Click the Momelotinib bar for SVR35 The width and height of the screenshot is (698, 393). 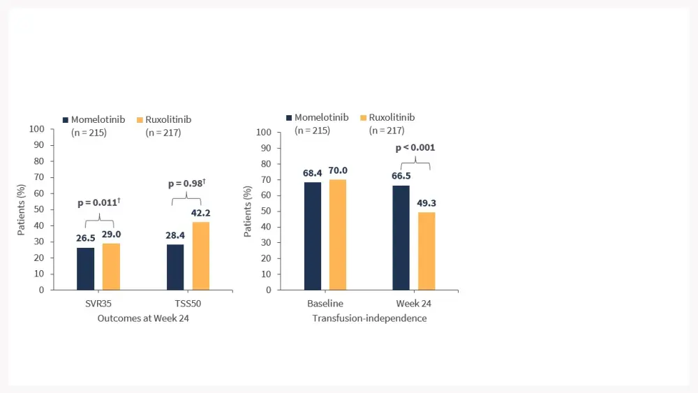86,269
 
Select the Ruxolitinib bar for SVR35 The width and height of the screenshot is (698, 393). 111,267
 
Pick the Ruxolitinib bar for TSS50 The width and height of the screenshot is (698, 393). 201,255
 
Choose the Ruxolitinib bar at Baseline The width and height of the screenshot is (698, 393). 338,235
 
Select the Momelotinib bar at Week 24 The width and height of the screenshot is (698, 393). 401,237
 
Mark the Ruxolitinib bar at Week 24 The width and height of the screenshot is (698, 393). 426,251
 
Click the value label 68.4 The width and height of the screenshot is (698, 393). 312,172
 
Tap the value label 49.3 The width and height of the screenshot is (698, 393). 426,204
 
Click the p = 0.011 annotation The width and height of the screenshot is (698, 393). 98,202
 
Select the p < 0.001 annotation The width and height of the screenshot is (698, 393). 415,148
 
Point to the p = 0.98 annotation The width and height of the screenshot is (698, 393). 188,184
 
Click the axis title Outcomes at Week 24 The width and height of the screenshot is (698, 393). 143,318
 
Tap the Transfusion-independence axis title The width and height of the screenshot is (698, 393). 369,318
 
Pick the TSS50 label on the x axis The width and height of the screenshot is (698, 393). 188,304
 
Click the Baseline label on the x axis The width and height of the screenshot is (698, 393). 325,304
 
